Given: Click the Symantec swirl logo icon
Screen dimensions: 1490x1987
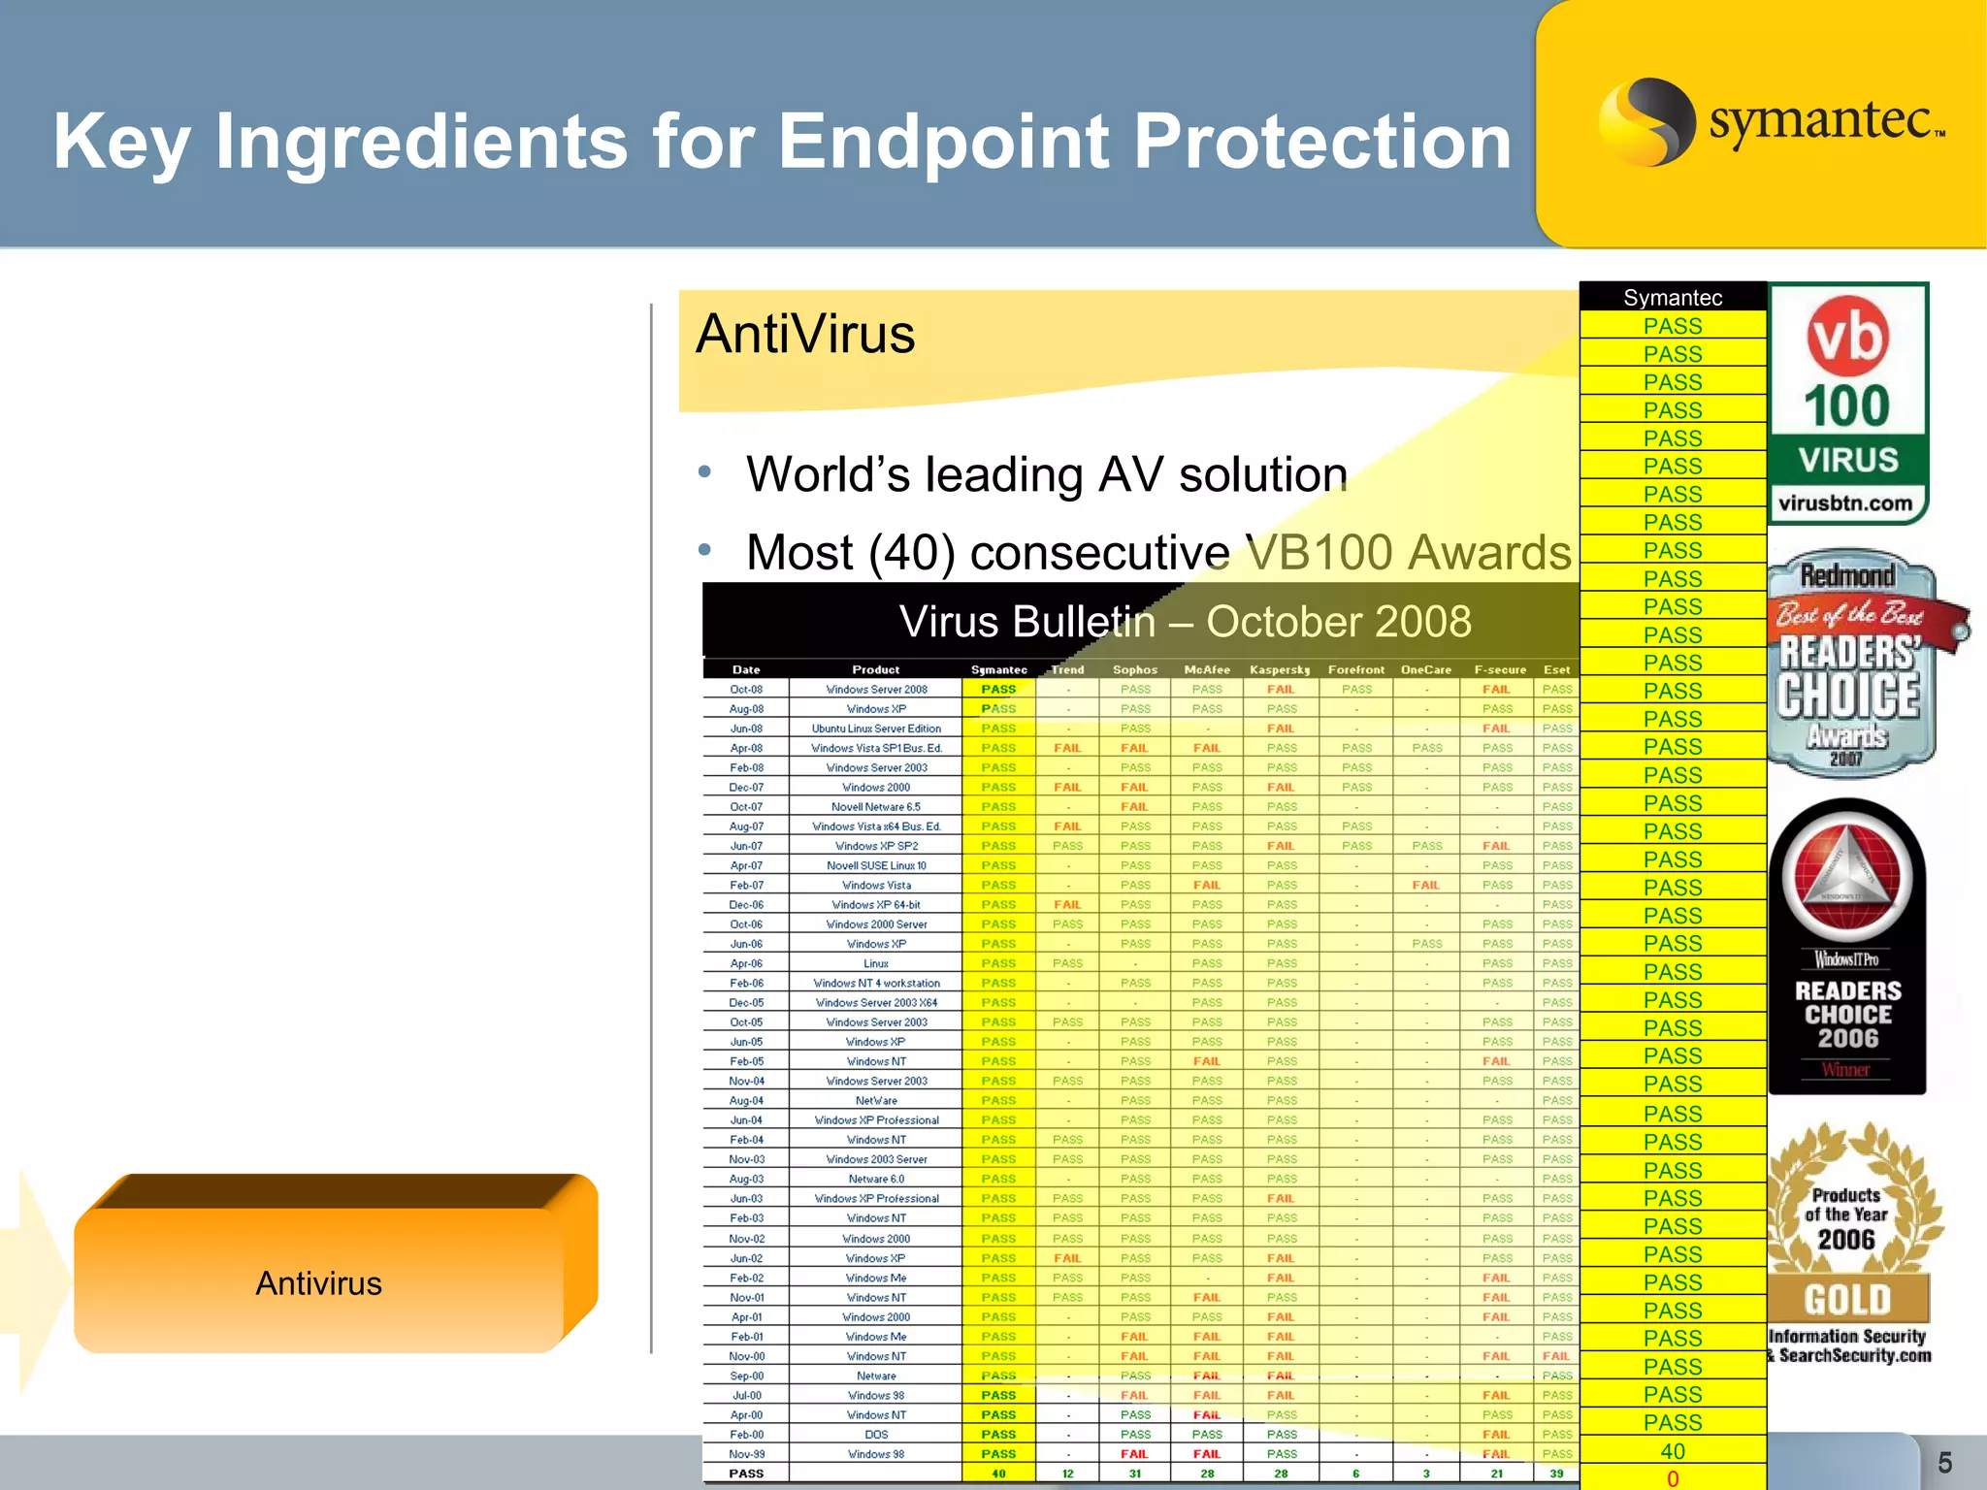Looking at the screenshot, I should click(1646, 122).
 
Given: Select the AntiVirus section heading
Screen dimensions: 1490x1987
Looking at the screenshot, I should click(805, 335).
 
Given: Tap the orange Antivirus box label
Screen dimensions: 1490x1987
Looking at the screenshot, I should click(318, 1283).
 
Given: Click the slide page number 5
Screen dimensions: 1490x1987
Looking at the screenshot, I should click(1944, 1463).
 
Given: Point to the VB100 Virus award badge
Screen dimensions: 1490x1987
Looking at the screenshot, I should click(1848, 404).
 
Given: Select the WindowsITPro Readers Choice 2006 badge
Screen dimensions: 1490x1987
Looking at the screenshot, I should click(1847, 947).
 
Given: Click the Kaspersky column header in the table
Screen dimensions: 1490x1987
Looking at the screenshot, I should click(1280, 669).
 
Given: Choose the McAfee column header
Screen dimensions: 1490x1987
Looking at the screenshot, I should click(1207, 669).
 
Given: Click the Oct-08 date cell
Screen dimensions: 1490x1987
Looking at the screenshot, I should click(746, 690).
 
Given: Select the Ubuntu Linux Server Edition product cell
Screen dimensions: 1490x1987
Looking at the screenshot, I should click(876, 729).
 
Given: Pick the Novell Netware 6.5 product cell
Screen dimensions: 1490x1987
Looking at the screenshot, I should click(876, 807).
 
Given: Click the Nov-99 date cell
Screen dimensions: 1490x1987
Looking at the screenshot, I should click(746, 1454).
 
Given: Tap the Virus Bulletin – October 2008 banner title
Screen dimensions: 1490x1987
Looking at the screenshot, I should click(1185, 622).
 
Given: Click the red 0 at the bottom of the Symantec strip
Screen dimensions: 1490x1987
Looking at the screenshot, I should click(1673, 1479).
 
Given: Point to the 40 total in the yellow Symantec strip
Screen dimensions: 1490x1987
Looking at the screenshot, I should click(1673, 1451).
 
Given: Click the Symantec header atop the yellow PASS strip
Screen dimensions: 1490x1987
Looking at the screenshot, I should click(1673, 298).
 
